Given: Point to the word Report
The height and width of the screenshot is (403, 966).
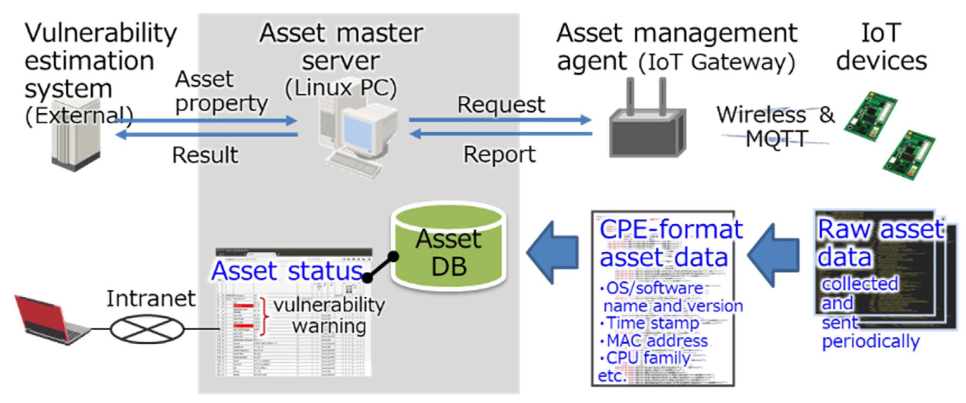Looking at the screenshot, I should pyautogui.click(x=499, y=154).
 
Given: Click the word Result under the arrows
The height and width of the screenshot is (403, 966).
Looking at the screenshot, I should pyautogui.click(x=205, y=155).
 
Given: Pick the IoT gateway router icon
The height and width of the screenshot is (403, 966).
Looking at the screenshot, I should pyautogui.click(x=648, y=128).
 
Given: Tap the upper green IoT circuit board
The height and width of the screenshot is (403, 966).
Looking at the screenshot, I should pyautogui.click(x=870, y=116).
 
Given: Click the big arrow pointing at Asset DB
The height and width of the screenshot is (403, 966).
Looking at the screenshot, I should pyautogui.click(x=553, y=252).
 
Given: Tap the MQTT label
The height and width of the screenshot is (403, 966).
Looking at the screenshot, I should pyautogui.click(x=776, y=139).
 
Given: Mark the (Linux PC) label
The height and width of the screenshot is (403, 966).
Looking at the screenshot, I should pyautogui.click(x=341, y=88).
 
